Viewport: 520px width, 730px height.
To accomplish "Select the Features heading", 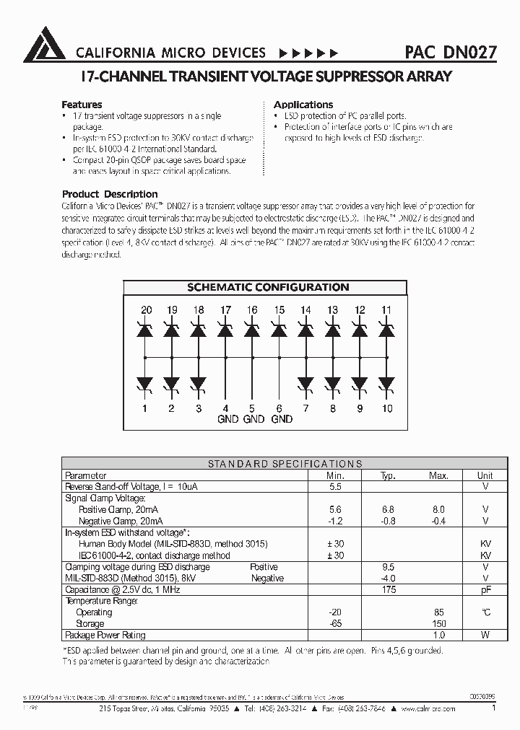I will point(82,105).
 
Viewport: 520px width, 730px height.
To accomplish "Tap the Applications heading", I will point(303,105).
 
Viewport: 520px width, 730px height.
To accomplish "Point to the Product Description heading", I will point(110,194).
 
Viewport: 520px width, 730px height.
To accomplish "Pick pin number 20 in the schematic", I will point(146,310).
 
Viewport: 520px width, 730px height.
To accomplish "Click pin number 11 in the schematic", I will point(386,310).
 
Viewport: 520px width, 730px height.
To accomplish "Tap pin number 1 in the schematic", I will point(146,408).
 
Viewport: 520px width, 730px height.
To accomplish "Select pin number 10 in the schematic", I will point(386,408).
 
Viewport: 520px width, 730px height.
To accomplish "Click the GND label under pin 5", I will point(253,419).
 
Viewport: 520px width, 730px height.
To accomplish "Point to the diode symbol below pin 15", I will point(279,331).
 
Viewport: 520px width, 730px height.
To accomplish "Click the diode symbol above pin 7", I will point(305,383).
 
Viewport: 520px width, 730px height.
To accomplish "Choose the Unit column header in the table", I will point(485,476).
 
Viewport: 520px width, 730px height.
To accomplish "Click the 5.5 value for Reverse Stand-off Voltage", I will point(334,487).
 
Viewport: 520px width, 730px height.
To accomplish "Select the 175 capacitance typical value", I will point(388,589).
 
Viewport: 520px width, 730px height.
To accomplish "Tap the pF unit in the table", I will point(485,589).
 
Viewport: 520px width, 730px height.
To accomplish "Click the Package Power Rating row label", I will point(105,635).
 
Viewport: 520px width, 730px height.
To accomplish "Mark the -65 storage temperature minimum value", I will point(334,623).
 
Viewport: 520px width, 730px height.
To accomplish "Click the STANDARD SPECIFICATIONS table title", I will point(285,465).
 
